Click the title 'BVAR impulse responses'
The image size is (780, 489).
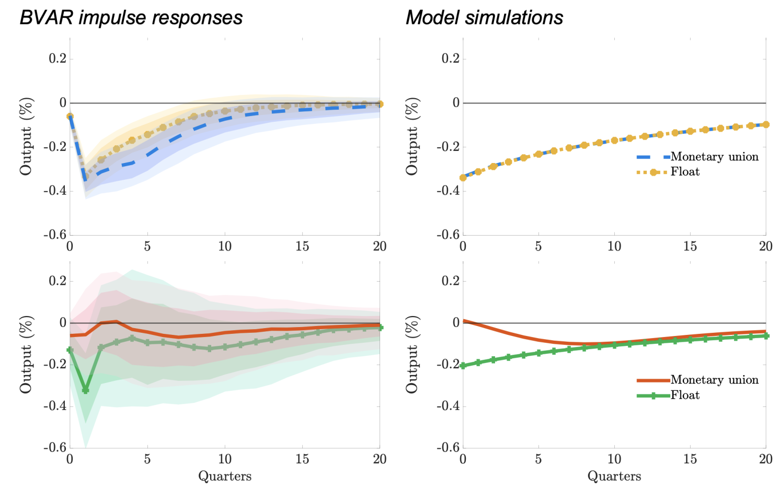(x=131, y=18)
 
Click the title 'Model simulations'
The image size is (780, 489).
(x=484, y=18)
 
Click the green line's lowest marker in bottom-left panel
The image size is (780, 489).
(x=86, y=390)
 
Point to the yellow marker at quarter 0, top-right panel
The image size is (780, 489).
(x=463, y=178)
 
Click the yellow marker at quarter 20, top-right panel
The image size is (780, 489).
(x=766, y=124)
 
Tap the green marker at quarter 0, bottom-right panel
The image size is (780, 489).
(x=463, y=366)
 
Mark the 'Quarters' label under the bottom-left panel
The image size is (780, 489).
(x=225, y=476)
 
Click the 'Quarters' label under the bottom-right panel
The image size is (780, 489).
(x=614, y=476)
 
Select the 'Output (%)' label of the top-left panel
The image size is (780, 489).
(x=26, y=136)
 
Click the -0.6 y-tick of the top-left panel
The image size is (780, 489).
(x=55, y=235)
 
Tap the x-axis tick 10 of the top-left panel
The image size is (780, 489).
(x=225, y=246)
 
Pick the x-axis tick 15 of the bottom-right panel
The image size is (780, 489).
(x=690, y=459)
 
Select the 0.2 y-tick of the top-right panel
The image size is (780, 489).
(x=450, y=59)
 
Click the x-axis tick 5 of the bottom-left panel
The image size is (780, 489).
(x=147, y=459)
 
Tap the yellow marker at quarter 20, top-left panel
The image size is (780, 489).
(x=380, y=104)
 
